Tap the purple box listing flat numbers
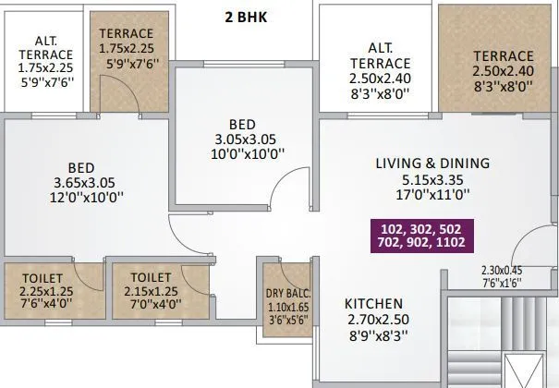point(420,235)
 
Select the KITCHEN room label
point(373,304)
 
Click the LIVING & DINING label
point(432,164)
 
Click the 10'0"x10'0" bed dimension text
point(237,154)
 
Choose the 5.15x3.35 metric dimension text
point(432,180)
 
